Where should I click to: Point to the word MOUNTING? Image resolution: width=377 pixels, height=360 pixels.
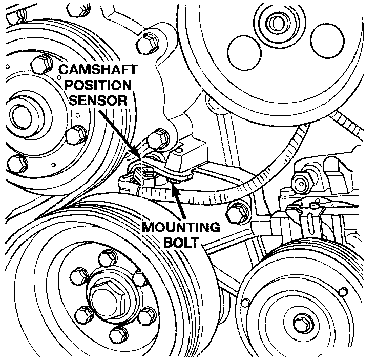click(x=182, y=227)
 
